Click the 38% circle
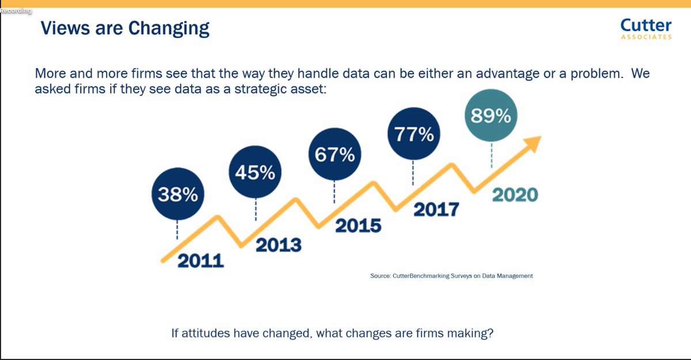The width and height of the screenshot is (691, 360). point(177,195)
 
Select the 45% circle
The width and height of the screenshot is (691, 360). point(255,172)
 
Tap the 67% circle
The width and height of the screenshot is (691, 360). point(334,155)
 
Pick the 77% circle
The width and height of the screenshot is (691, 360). point(413,134)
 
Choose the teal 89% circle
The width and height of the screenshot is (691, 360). point(491,116)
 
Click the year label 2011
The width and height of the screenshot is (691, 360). point(200,260)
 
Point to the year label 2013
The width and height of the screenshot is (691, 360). point(278,245)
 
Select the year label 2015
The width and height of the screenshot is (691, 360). point(358,225)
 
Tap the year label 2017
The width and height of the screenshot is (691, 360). point(436,209)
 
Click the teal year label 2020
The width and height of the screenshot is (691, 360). point(514,195)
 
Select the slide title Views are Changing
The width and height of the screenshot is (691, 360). point(125,28)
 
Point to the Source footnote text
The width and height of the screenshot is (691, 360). point(451,276)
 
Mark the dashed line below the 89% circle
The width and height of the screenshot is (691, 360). point(491,154)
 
